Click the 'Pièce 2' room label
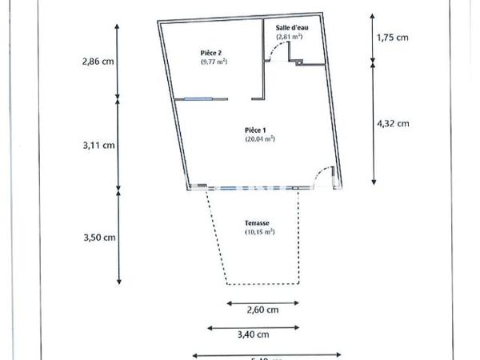click(211, 53)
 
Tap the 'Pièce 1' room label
click(257, 130)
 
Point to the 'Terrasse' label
click(257, 224)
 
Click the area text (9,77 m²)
click(214, 62)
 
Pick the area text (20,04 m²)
click(260, 138)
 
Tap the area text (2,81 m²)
click(289, 37)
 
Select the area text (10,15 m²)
click(259, 232)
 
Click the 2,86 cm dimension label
click(98, 62)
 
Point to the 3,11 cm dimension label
click(98, 146)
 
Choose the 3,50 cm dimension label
click(98, 237)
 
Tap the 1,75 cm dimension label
click(393, 38)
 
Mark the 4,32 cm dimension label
click(393, 123)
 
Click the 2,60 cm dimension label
click(262, 310)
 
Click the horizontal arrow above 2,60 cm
click(262, 302)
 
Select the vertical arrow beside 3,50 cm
click(119, 237)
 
